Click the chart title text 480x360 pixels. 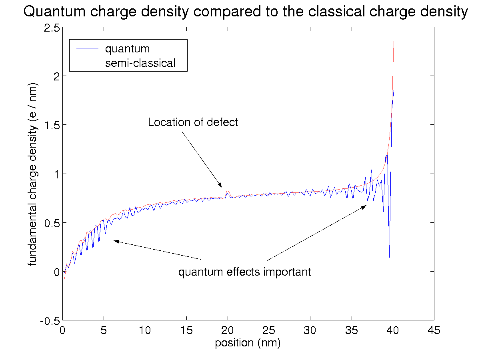[x=245, y=12]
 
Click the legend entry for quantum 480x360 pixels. [x=127, y=49]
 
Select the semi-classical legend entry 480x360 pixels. [x=140, y=63]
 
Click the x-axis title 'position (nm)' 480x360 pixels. [x=248, y=343]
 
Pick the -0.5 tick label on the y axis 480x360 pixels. [x=50, y=320]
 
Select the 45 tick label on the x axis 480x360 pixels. [x=434, y=330]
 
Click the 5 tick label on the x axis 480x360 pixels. [x=104, y=330]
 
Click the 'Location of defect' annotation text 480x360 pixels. [x=193, y=122]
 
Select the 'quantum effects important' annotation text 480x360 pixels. [x=244, y=272]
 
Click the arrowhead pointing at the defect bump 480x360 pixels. [x=220, y=185]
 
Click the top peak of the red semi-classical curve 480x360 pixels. [x=394, y=41]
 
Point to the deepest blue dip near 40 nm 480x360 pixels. [x=389, y=256]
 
